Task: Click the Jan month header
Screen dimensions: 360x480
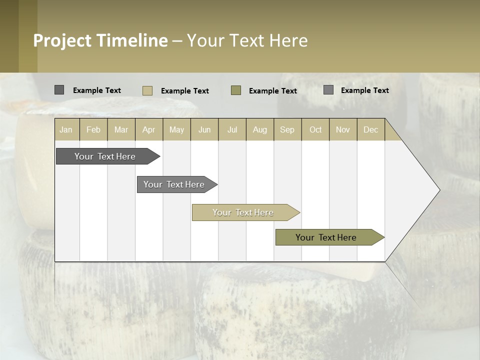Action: tap(66, 129)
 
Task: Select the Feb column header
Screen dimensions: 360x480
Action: tap(93, 129)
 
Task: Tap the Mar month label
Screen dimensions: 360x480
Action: tap(121, 129)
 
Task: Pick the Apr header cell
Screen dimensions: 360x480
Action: tap(148, 129)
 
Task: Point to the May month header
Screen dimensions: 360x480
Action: tap(176, 129)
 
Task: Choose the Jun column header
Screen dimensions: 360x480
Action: tap(204, 129)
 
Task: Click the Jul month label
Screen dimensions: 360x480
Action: tap(232, 129)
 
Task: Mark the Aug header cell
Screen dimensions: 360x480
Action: tap(259, 129)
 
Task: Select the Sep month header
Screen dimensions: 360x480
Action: tap(287, 129)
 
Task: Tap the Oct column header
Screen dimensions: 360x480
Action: tap(315, 129)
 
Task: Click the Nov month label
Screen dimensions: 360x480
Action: tap(342, 129)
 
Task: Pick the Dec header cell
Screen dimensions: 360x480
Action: tap(370, 129)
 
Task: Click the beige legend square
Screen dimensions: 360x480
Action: tap(147, 90)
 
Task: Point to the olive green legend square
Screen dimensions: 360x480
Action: tap(236, 90)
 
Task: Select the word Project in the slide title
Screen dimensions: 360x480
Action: tap(62, 40)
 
